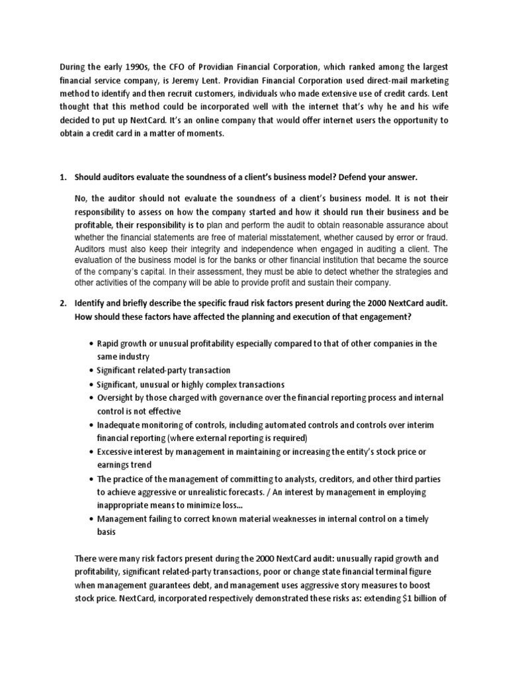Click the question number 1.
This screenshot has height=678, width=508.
click(x=63, y=177)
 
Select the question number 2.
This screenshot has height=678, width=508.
click(x=63, y=303)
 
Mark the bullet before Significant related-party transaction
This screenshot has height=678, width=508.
click(x=91, y=371)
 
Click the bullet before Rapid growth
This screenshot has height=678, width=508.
click(x=91, y=344)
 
